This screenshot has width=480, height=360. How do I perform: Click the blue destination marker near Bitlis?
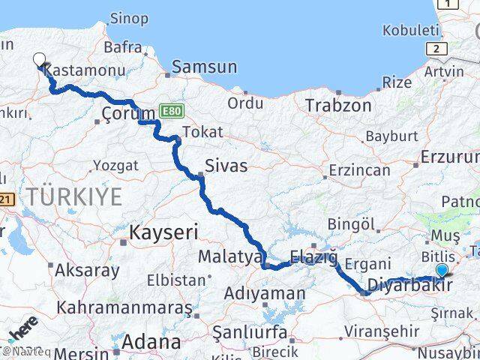(x=442, y=271)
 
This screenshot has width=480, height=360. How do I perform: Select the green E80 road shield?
(x=169, y=111)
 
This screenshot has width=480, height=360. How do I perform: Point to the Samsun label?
(x=204, y=67)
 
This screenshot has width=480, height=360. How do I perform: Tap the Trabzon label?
(x=337, y=105)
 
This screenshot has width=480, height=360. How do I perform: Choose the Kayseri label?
(x=163, y=232)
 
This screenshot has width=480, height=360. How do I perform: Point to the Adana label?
(x=153, y=342)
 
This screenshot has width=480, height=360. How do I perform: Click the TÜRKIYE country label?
(x=74, y=197)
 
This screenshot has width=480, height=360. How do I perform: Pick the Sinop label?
(x=129, y=19)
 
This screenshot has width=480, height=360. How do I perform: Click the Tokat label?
(x=202, y=132)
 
